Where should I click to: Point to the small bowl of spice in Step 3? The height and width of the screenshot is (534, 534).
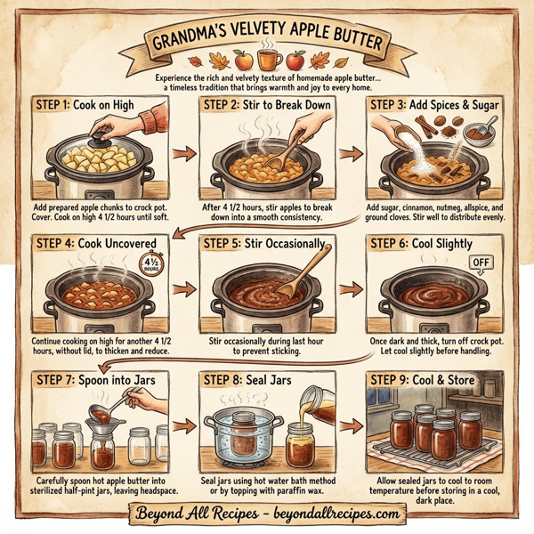pos(481,135)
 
